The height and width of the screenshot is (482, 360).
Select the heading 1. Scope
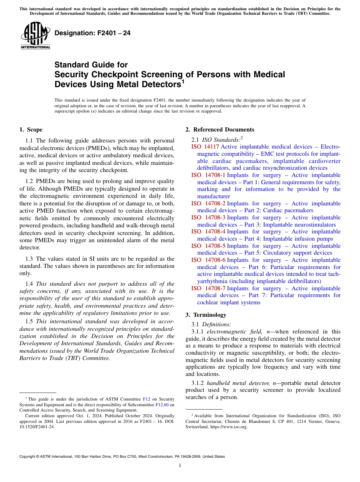[31, 130]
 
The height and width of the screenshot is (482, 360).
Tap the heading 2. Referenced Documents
[219, 130]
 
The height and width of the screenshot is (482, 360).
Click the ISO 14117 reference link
[205, 147]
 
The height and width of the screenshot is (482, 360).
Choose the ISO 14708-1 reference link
[208, 175]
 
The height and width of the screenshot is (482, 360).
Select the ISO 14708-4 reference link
[208, 232]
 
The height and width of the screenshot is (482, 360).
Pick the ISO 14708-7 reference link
[208, 288]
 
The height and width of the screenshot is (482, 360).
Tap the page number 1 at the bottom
[180, 466]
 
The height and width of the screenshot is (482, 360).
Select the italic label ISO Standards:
[221, 139]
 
